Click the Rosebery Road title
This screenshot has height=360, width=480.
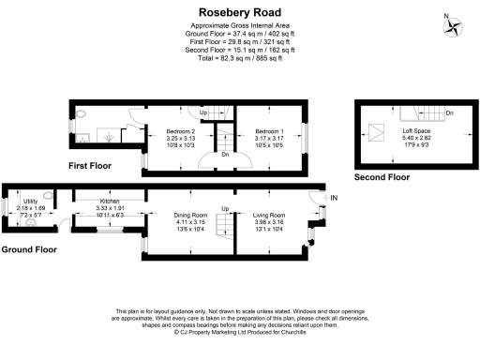coord(239,12)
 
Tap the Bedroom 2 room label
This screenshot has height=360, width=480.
coord(180,130)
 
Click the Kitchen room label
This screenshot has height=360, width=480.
coord(110,202)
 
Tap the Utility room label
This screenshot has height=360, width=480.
coord(31,202)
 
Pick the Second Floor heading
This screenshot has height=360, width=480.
coord(381,175)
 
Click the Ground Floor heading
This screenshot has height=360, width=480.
coord(29,249)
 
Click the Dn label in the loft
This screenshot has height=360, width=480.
coord(449,113)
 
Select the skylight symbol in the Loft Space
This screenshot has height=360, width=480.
coord(382,131)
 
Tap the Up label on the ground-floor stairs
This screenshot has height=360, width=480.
coord(225,207)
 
